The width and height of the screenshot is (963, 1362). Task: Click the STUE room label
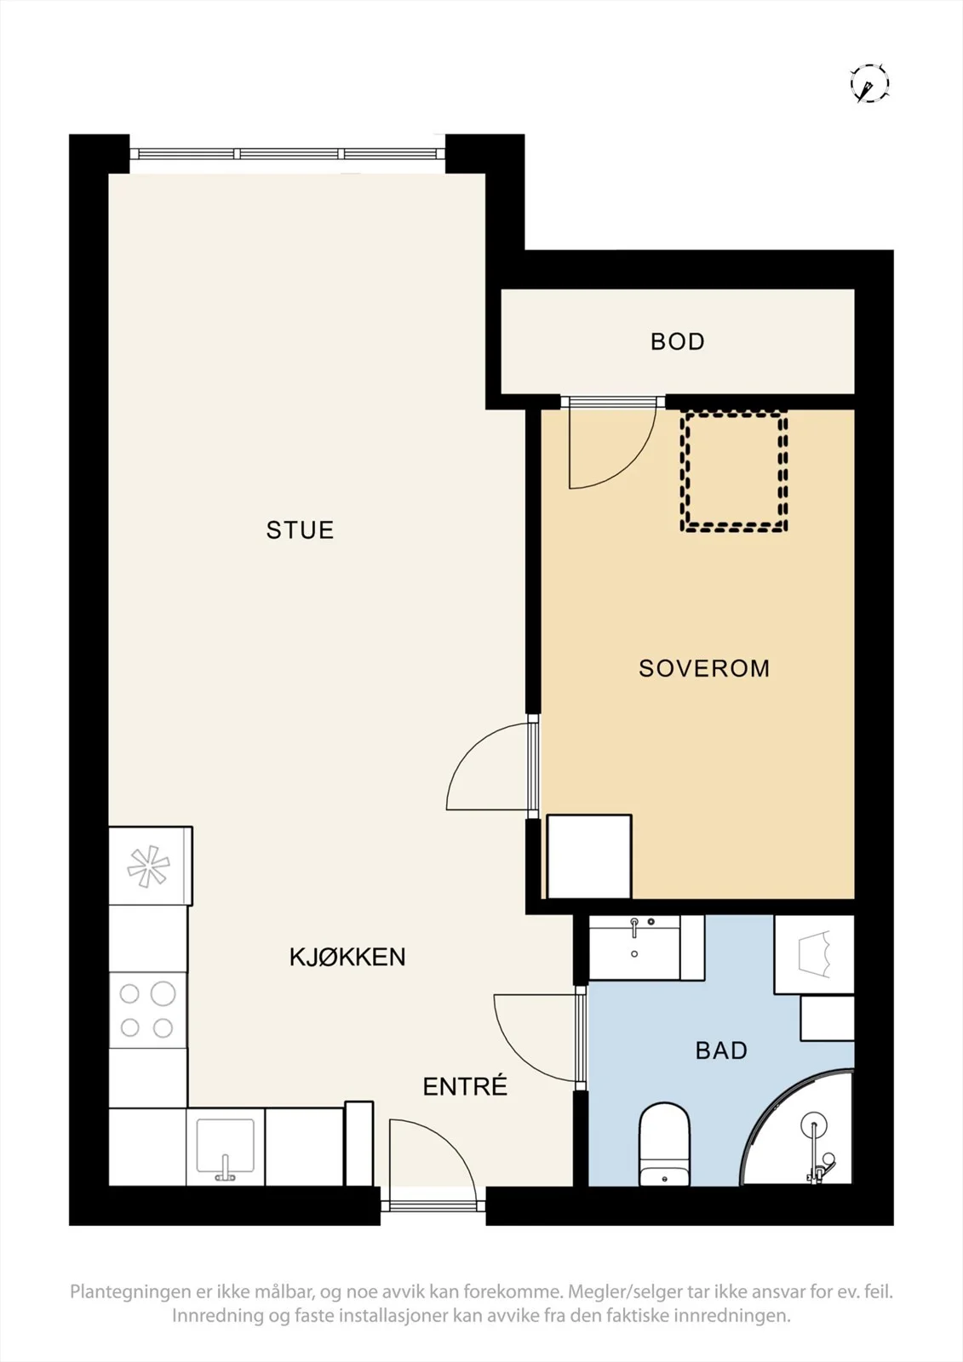click(300, 530)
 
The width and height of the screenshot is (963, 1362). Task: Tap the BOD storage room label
click(678, 341)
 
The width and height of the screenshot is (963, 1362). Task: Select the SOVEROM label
click(704, 668)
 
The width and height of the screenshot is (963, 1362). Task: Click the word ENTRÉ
click(465, 1086)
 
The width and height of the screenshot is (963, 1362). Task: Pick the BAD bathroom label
click(721, 1050)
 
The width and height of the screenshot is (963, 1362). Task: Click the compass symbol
click(869, 83)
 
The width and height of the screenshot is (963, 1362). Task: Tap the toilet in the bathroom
click(664, 1145)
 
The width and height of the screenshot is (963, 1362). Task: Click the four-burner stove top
click(148, 1010)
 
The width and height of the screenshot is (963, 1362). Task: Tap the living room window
click(287, 153)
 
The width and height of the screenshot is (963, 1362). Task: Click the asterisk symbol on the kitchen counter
click(148, 866)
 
